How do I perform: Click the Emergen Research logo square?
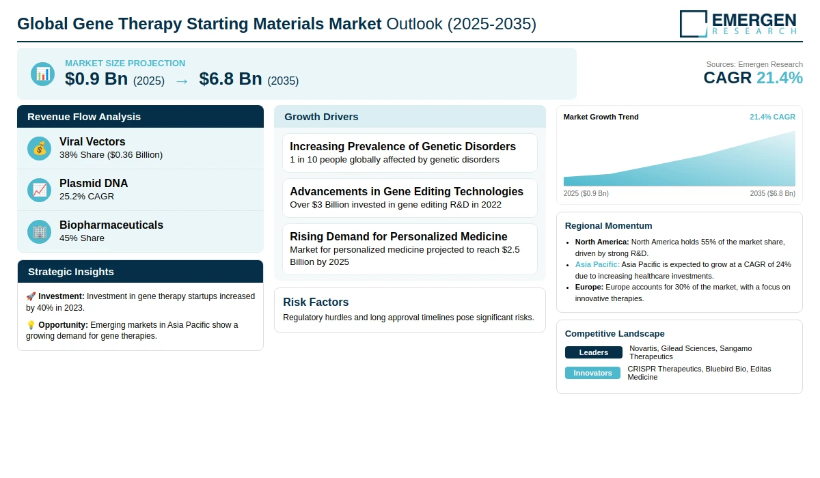[694, 24]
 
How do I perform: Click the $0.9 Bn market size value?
[96, 79]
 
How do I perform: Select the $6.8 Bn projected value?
[231, 79]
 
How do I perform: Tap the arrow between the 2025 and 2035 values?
[182, 81]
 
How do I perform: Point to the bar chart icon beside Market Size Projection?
[43, 74]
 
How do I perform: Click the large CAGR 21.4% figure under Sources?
[753, 78]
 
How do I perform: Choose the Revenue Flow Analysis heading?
[84, 117]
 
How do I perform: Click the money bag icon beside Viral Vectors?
[39, 148]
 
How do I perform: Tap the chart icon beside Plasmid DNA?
[39, 191]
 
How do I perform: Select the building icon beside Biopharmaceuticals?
[39, 232]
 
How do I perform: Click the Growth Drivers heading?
[321, 117]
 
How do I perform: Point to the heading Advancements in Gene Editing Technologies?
[407, 191]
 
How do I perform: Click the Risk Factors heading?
[316, 302]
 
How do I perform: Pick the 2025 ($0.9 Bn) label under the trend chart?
[586, 193]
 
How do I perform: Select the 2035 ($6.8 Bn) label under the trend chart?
[772, 193]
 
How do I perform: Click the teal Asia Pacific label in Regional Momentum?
[597, 264]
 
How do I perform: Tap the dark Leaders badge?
[593, 352]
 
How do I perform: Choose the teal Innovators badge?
[592, 373]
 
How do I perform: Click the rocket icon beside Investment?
[31, 296]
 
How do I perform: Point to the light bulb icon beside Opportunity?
[31, 325]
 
